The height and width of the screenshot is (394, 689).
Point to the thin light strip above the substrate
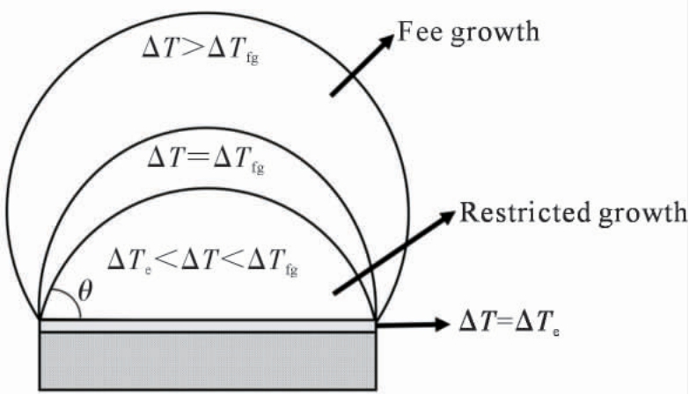208,325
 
